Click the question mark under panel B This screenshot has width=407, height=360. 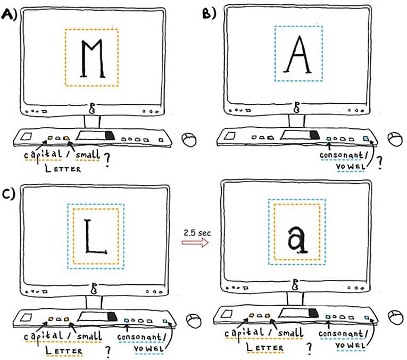click(x=379, y=163)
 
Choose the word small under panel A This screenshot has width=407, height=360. click(x=87, y=154)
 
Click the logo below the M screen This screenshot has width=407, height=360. click(x=92, y=108)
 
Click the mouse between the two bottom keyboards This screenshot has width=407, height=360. click(x=190, y=320)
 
